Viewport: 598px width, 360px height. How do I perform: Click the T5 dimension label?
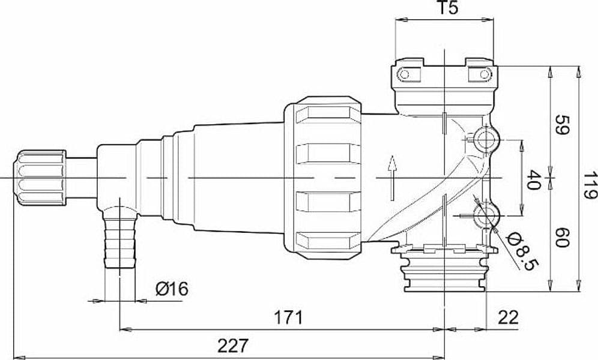click(x=446, y=8)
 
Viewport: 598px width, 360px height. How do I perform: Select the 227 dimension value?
click(x=232, y=346)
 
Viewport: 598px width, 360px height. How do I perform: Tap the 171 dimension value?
click(x=289, y=317)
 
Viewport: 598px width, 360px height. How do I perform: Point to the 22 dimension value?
click(x=509, y=317)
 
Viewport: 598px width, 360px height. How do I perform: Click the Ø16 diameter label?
click(x=172, y=289)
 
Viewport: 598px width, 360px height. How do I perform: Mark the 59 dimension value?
click(x=561, y=125)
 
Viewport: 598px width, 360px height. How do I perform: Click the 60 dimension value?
click(x=561, y=238)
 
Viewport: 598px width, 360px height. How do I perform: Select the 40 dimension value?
click(x=534, y=180)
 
